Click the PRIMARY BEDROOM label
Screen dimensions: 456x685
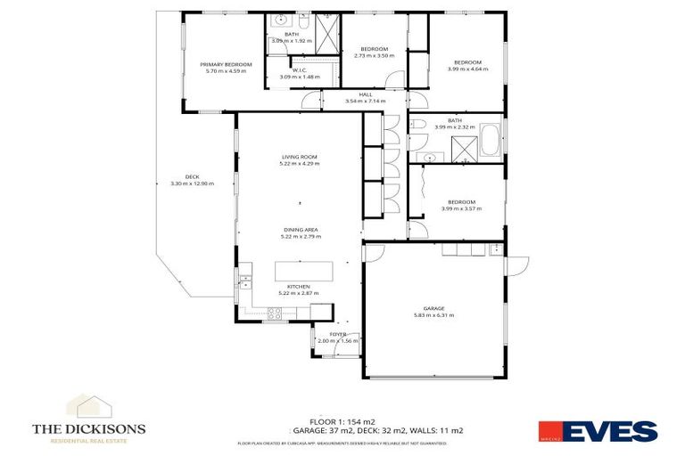click(226, 64)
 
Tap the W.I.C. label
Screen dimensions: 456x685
click(299, 70)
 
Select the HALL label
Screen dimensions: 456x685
click(365, 94)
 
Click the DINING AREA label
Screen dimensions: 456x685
click(299, 229)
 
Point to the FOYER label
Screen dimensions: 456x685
click(337, 334)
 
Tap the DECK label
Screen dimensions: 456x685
click(192, 175)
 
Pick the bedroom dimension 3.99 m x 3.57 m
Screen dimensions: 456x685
click(461, 208)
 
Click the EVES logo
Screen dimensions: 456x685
click(598, 432)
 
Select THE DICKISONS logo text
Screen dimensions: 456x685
click(88, 428)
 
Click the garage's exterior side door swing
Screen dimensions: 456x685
click(516, 265)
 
